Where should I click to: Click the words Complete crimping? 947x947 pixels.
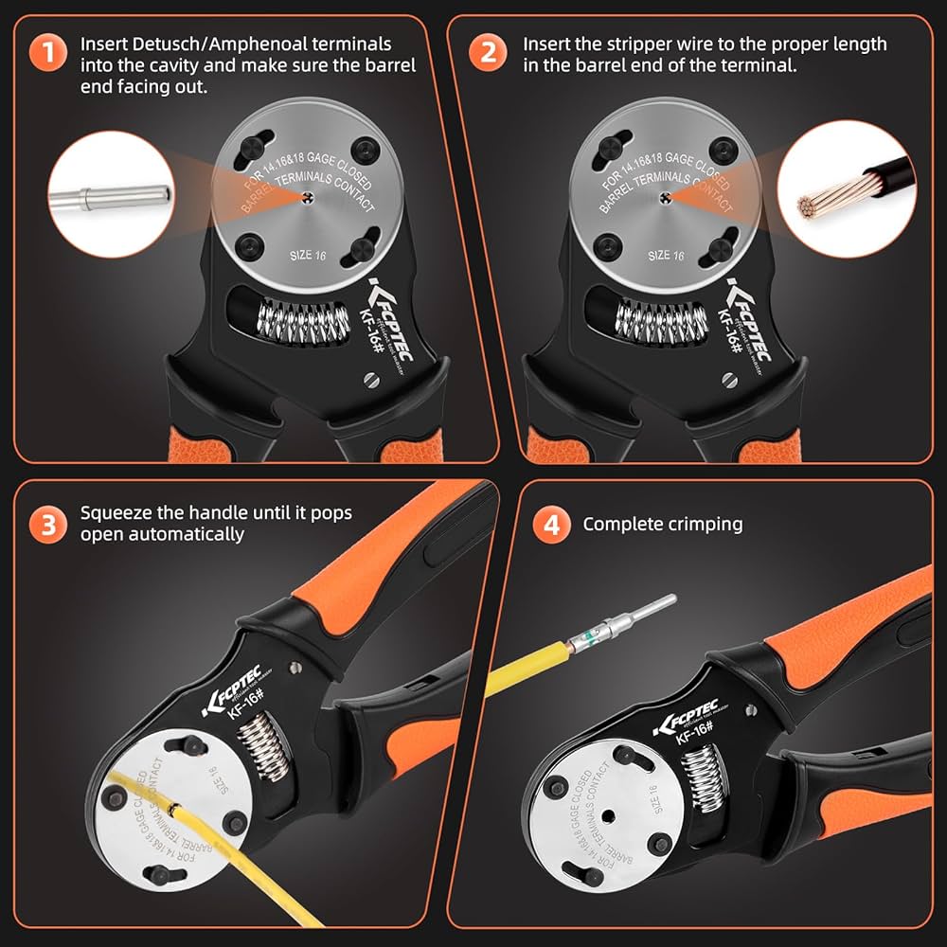pos(663,524)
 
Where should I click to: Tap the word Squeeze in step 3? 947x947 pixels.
pos(114,513)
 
